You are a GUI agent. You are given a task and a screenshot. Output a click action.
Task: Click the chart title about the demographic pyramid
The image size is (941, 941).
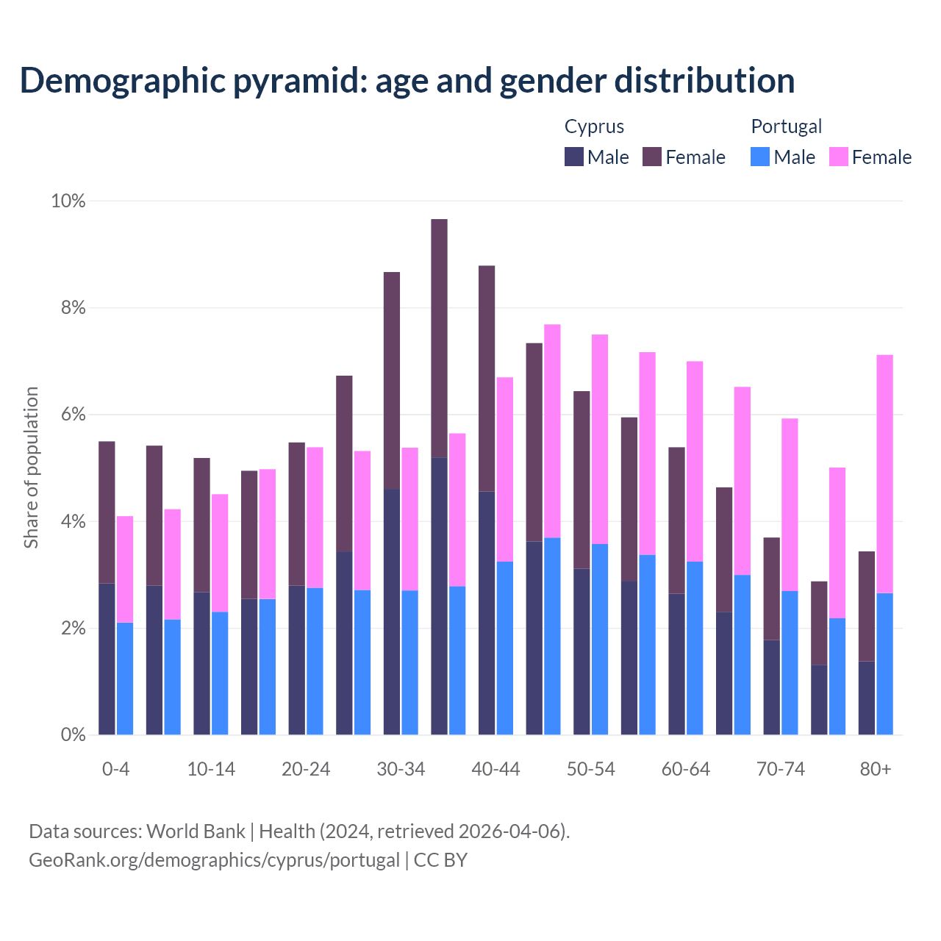407,81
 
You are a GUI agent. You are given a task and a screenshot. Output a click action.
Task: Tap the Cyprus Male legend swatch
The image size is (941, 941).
574,157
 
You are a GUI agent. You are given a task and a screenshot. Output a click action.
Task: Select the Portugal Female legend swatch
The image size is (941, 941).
838,157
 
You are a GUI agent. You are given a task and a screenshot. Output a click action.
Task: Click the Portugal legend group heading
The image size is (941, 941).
786,126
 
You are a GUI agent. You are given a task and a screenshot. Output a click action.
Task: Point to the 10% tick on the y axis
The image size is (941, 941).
68,201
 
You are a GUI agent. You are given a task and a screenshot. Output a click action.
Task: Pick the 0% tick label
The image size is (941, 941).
72,734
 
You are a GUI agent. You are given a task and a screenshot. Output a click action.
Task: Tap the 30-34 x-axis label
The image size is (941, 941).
401,769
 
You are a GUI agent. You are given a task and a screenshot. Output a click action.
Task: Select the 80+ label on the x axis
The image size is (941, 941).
875,769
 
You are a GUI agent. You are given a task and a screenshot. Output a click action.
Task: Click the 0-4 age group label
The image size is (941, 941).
116,769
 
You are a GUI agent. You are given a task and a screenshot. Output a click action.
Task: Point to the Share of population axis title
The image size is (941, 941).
31,468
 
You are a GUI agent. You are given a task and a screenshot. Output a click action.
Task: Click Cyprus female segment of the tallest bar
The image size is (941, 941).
439,338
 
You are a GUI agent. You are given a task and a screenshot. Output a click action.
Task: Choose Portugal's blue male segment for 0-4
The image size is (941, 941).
125,679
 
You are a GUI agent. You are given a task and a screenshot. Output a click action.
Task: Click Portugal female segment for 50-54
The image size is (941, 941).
600,439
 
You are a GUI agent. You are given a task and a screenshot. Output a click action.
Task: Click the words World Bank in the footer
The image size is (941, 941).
196,831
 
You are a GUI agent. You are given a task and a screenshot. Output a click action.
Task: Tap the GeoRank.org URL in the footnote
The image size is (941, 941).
214,859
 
